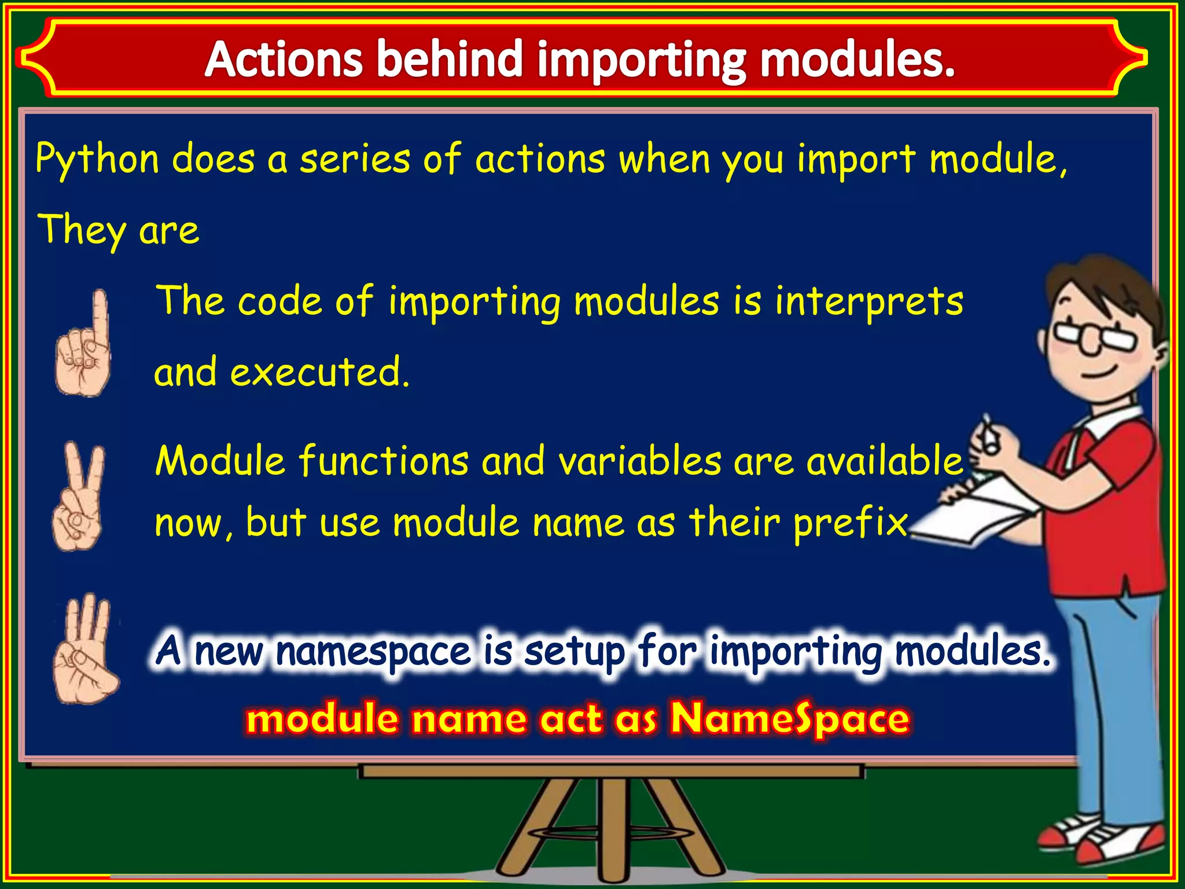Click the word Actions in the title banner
tap(283, 59)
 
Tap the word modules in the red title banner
tap(856, 59)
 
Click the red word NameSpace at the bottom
tap(790, 719)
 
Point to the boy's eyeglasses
tap(1094, 336)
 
